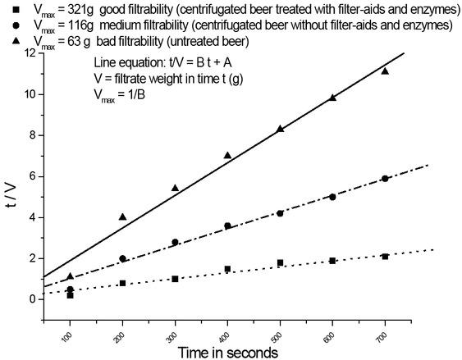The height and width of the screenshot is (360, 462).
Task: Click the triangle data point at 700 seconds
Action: tap(385, 71)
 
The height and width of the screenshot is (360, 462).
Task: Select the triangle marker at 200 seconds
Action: tap(122, 216)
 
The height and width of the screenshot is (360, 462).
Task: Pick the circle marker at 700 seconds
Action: tap(385, 178)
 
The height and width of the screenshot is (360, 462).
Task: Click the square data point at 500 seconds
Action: tap(280, 262)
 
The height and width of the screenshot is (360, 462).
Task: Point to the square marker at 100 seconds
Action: tap(70, 295)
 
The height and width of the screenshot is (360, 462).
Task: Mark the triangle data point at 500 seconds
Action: tap(280, 129)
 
